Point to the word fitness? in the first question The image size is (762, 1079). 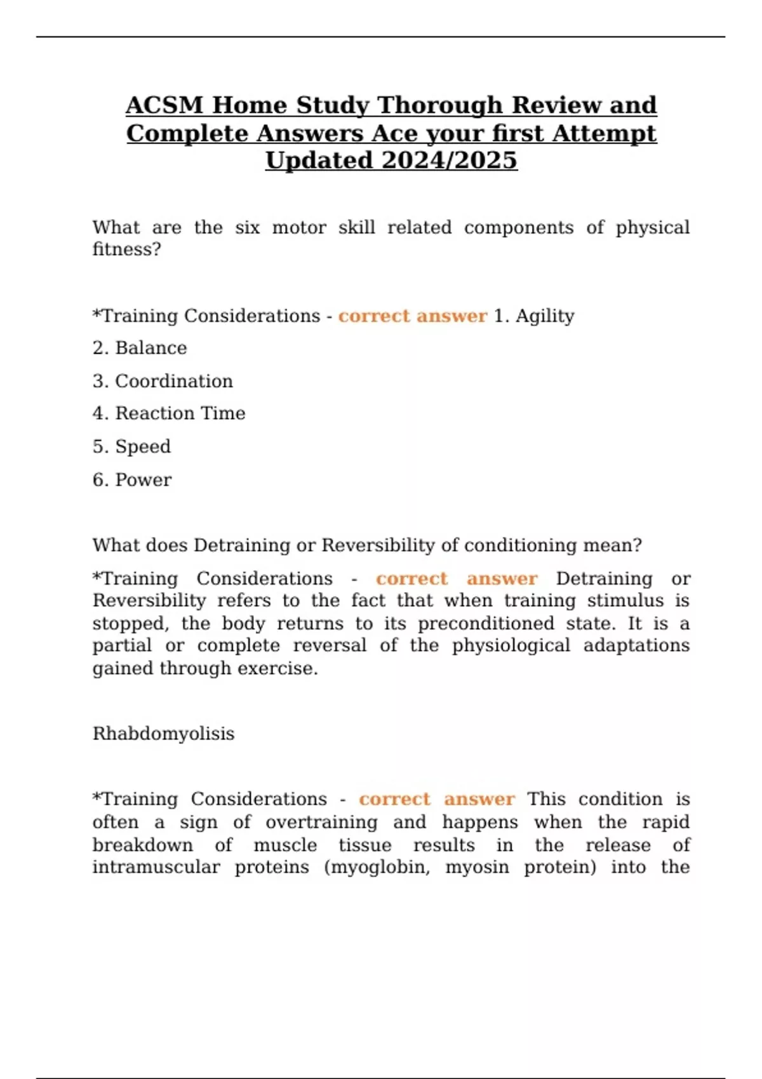tap(127, 249)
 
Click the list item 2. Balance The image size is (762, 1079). tap(140, 348)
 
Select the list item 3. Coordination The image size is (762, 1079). tap(163, 381)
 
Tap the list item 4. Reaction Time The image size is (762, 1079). tap(169, 413)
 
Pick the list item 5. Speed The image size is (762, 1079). tap(131, 446)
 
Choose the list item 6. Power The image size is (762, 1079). tap(132, 480)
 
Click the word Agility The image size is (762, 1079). tap(545, 316)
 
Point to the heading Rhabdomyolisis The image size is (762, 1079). tap(163, 734)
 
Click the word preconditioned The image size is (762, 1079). tap(486, 623)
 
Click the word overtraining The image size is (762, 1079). tap(321, 823)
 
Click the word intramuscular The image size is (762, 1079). tap(156, 868)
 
